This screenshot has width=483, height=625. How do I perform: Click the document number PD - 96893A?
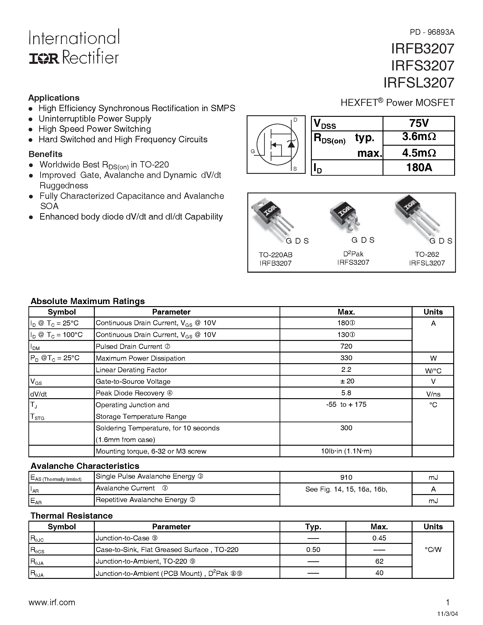click(432, 32)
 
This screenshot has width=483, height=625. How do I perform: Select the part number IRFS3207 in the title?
click(422, 66)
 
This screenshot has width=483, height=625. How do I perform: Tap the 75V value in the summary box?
click(419, 123)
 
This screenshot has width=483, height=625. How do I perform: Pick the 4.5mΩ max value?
click(419, 153)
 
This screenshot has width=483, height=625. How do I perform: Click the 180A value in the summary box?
click(419, 167)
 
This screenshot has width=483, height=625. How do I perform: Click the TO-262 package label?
click(427, 254)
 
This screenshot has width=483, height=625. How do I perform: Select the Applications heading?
click(54, 98)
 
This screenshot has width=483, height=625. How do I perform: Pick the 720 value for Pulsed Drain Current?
click(346, 346)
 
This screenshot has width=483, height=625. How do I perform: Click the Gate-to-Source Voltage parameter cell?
click(133, 381)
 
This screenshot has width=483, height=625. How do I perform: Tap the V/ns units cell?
click(433, 394)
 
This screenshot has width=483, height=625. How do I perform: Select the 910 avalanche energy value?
click(346, 477)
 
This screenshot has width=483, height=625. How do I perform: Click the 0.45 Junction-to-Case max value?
click(379, 538)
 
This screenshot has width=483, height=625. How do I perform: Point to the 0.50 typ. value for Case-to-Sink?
click(313, 550)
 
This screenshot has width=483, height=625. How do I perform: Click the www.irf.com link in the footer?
click(52, 602)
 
